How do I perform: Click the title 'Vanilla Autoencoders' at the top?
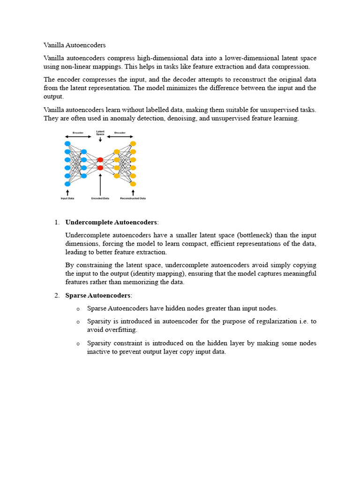coord(75,45)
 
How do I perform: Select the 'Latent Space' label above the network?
coord(100,133)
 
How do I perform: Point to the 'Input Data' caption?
coord(67,198)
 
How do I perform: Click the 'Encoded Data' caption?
coord(100,198)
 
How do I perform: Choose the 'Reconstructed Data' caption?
coord(133,198)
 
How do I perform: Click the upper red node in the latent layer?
coord(100,160)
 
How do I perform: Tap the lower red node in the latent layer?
coord(100,168)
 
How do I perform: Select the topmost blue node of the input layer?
coord(67,143)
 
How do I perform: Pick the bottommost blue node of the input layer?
coord(67,184)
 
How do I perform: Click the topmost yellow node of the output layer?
coord(133,143)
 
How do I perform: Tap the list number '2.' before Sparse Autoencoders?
coord(56,295)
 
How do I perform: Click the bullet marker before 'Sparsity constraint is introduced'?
coord(78,344)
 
